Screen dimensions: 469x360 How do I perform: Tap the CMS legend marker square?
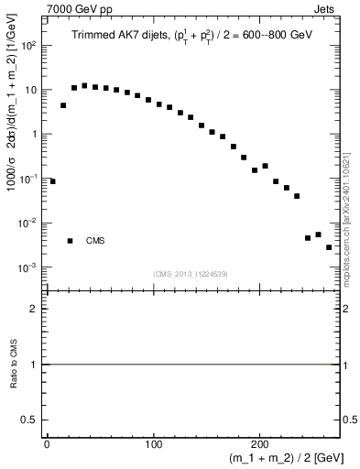pyautogui.click(x=70, y=241)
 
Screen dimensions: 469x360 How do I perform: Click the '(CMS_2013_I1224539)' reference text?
pyautogui.click(x=191, y=274)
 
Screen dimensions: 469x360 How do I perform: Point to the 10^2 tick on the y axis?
pyautogui.click(x=28, y=45)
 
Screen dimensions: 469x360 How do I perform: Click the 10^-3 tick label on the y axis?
pyautogui.click(x=28, y=267)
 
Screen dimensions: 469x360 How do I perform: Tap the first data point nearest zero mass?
pyautogui.click(x=52, y=181)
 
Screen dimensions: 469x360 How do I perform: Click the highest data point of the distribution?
pyautogui.click(x=84, y=86)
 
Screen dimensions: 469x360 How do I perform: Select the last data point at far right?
pyautogui.click(x=329, y=247)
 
